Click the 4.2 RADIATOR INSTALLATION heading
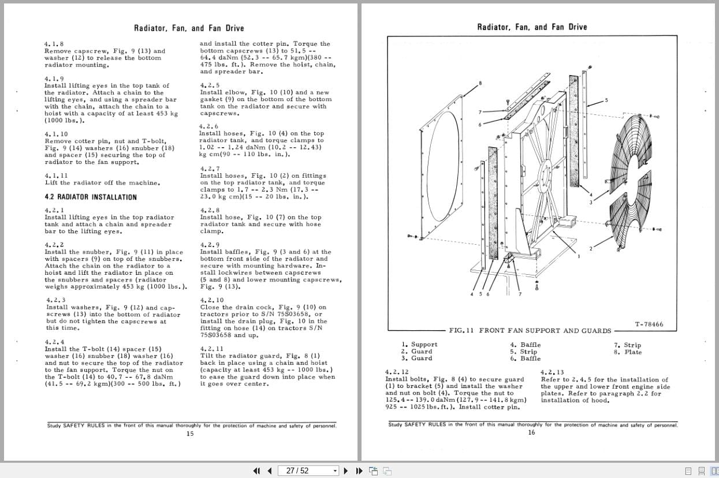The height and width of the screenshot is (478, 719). (91, 197)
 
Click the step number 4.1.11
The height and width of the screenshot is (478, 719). (56, 175)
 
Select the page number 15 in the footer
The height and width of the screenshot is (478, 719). (190, 434)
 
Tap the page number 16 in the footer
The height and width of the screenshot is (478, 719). (531, 433)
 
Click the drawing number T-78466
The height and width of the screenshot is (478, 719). (649, 324)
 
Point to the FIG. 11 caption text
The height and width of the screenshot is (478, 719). (530, 331)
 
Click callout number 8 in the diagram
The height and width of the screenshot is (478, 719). (480, 84)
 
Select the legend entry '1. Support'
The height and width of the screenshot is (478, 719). (419, 345)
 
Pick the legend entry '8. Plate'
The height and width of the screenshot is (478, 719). (628, 352)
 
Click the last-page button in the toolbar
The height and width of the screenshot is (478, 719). (359, 470)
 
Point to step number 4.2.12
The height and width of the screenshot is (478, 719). (397, 372)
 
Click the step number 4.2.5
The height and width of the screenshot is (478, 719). (210, 85)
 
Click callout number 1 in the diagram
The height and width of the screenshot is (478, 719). (578, 256)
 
